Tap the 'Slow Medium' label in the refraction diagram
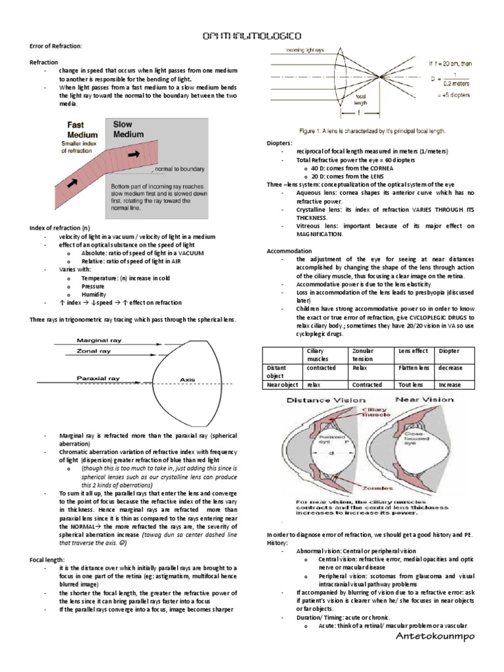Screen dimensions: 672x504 129,129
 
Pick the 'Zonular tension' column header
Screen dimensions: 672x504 367,355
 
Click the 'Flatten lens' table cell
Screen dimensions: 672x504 413,368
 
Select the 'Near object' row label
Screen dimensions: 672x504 282,385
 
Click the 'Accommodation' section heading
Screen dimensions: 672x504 289,251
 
